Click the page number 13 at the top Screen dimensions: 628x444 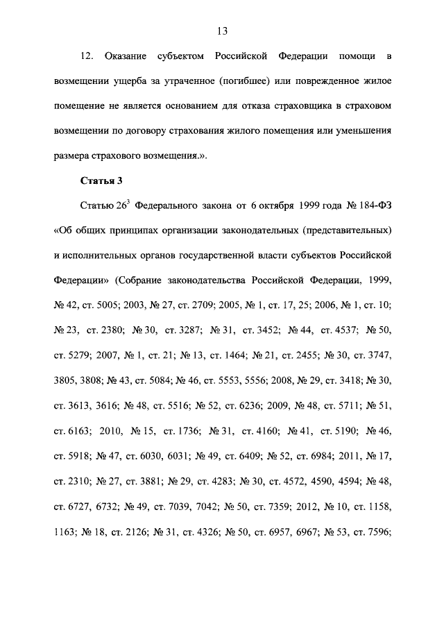tap(222, 31)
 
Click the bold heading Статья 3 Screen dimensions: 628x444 tap(101, 181)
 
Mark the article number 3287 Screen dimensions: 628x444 tap(194, 331)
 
